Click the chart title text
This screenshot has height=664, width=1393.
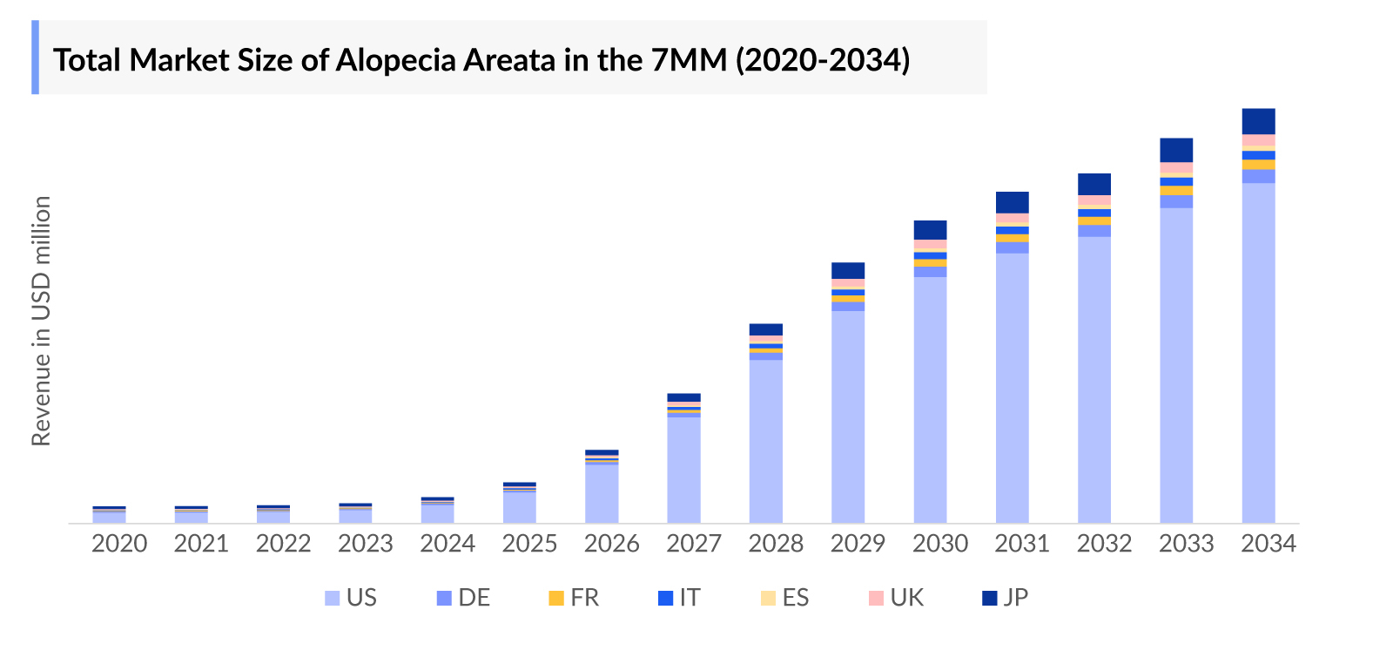click(481, 60)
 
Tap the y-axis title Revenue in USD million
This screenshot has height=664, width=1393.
click(41, 321)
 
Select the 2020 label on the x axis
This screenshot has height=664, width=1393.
click(119, 544)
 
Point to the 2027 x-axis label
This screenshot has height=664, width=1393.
click(694, 544)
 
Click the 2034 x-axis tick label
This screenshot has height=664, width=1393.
click(1269, 544)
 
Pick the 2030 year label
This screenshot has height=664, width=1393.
click(940, 544)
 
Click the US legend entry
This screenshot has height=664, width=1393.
click(351, 598)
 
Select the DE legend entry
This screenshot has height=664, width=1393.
click(463, 598)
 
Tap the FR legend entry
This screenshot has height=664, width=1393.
click(574, 598)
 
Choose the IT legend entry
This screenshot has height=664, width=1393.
click(679, 598)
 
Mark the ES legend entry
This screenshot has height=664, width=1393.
click(785, 598)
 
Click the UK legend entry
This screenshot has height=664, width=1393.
click(896, 598)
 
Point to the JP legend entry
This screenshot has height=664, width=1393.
click(1006, 598)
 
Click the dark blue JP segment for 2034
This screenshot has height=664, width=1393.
click(1258, 121)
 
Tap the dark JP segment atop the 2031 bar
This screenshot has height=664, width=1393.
click(1013, 202)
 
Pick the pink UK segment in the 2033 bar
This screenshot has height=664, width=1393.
click(1176, 167)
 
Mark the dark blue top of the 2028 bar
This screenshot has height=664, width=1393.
click(766, 329)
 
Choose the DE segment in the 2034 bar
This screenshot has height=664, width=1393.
click(1258, 176)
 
